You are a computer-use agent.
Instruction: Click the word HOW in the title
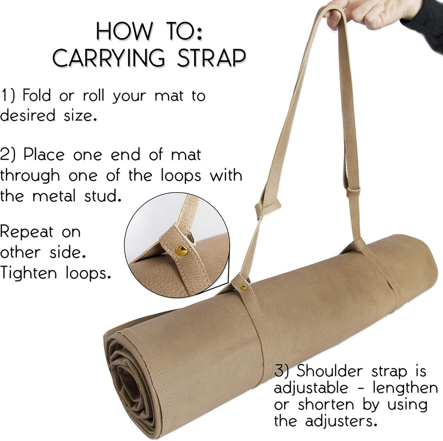click(x=125, y=31)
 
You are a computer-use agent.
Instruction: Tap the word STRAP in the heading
click(x=211, y=58)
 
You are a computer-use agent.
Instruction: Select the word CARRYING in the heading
click(x=109, y=58)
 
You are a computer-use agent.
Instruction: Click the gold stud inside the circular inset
click(x=181, y=251)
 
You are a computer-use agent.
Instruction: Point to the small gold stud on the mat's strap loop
click(x=243, y=287)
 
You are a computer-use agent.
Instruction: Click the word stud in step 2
click(x=103, y=196)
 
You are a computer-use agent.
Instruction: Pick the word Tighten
click(x=29, y=273)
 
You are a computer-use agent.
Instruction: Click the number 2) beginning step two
click(x=8, y=155)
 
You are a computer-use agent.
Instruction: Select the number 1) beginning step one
click(x=8, y=96)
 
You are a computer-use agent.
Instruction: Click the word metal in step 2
click(x=54, y=196)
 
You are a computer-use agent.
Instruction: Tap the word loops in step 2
click(x=181, y=176)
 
